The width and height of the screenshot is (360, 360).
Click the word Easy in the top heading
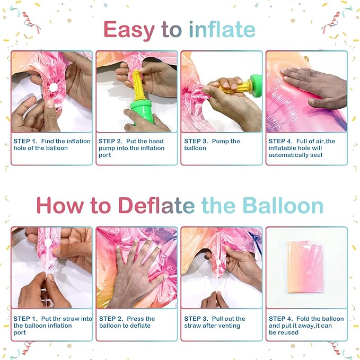(129, 30)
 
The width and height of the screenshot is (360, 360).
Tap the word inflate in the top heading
(222, 29)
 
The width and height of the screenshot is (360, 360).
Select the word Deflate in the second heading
(156, 205)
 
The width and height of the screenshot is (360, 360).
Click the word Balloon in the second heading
(283, 205)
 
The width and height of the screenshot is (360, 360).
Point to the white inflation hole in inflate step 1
(54, 87)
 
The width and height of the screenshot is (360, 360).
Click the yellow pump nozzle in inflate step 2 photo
(138, 85)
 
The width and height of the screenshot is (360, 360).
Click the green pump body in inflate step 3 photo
(256, 85)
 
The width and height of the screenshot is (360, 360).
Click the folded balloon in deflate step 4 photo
(305, 267)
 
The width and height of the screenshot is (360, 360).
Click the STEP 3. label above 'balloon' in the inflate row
(196, 141)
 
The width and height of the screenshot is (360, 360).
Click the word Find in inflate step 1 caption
(48, 141)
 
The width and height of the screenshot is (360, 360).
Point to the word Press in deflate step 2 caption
(135, 319)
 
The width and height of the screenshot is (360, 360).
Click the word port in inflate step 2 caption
(104, 155)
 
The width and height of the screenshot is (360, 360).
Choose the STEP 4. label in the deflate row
(281, 319)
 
